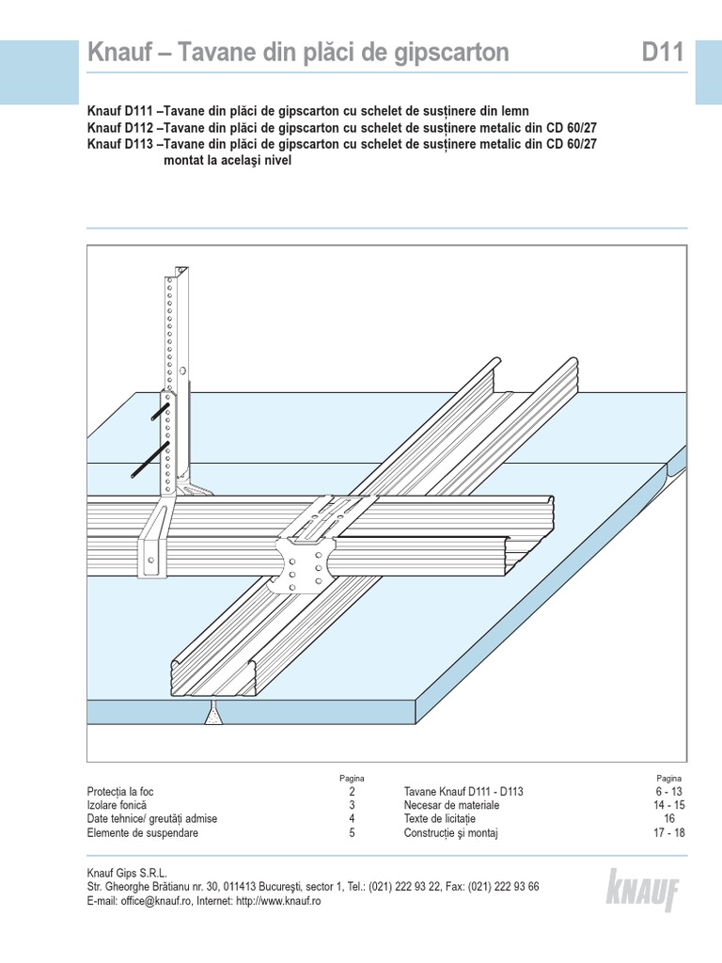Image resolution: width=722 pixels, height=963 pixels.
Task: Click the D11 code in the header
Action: [x=664, y=54]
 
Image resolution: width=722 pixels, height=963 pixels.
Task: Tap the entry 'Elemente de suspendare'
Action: [x=142, y=832]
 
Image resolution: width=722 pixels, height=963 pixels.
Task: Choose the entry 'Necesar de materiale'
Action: [x=452, y=805]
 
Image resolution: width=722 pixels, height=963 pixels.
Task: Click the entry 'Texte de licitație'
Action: [x=440, y=819]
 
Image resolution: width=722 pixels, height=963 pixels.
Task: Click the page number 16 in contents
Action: [x=669, y=819]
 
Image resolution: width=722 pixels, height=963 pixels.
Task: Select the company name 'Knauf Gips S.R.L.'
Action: [x=127, y=873]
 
